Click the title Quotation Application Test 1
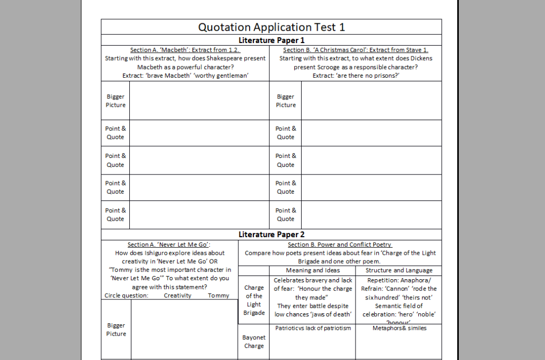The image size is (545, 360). click(x=271, y=27)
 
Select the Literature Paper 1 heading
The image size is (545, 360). click(x=271, y=40)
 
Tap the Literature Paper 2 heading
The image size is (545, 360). click(x=271, y=235)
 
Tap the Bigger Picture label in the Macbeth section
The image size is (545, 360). click(x=115, y=101)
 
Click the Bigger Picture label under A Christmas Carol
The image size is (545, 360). click(x=286, y=101)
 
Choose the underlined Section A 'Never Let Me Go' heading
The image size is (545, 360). click(x=169, y=245)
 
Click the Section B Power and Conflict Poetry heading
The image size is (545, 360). click(x=340, y=245)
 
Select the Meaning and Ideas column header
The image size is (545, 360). click(x=312, y=270)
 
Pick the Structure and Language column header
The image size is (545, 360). click(x=399, y=270)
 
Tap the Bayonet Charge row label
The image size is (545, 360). click(x=254, y=341)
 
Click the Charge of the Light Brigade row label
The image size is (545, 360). click(x=254, y=300)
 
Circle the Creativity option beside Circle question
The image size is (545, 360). click(x=177, y=296)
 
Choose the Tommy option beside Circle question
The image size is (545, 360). click(x=219, y=296)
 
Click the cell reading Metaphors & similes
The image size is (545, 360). click(x=399, y=328)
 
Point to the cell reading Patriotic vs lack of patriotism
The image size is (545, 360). click(x=313, y=328)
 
